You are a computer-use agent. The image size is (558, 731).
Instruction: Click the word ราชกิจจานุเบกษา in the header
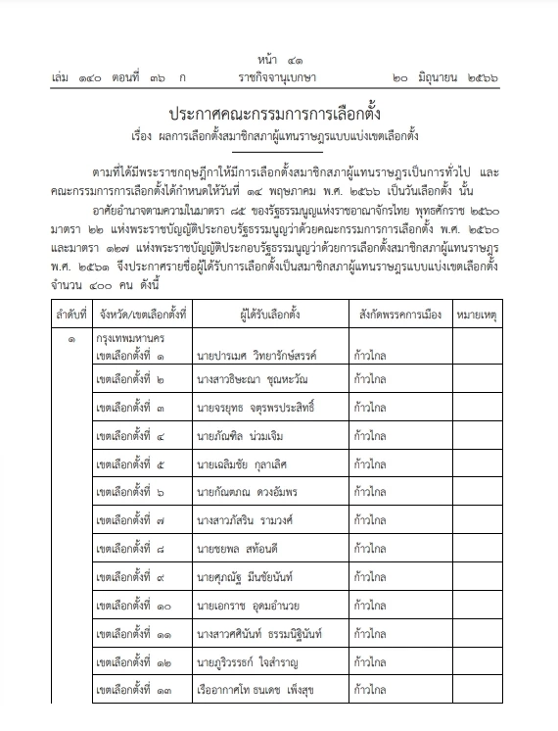[278, 74]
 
